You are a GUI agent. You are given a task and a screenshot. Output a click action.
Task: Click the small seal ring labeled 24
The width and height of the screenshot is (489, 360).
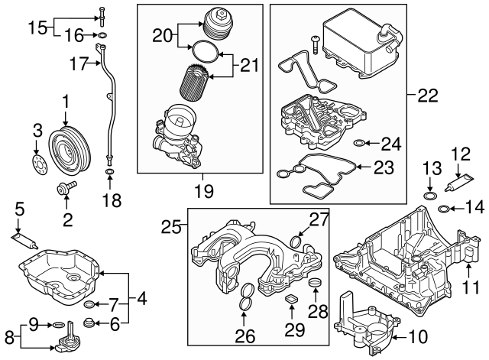click(x=361, y=143)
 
